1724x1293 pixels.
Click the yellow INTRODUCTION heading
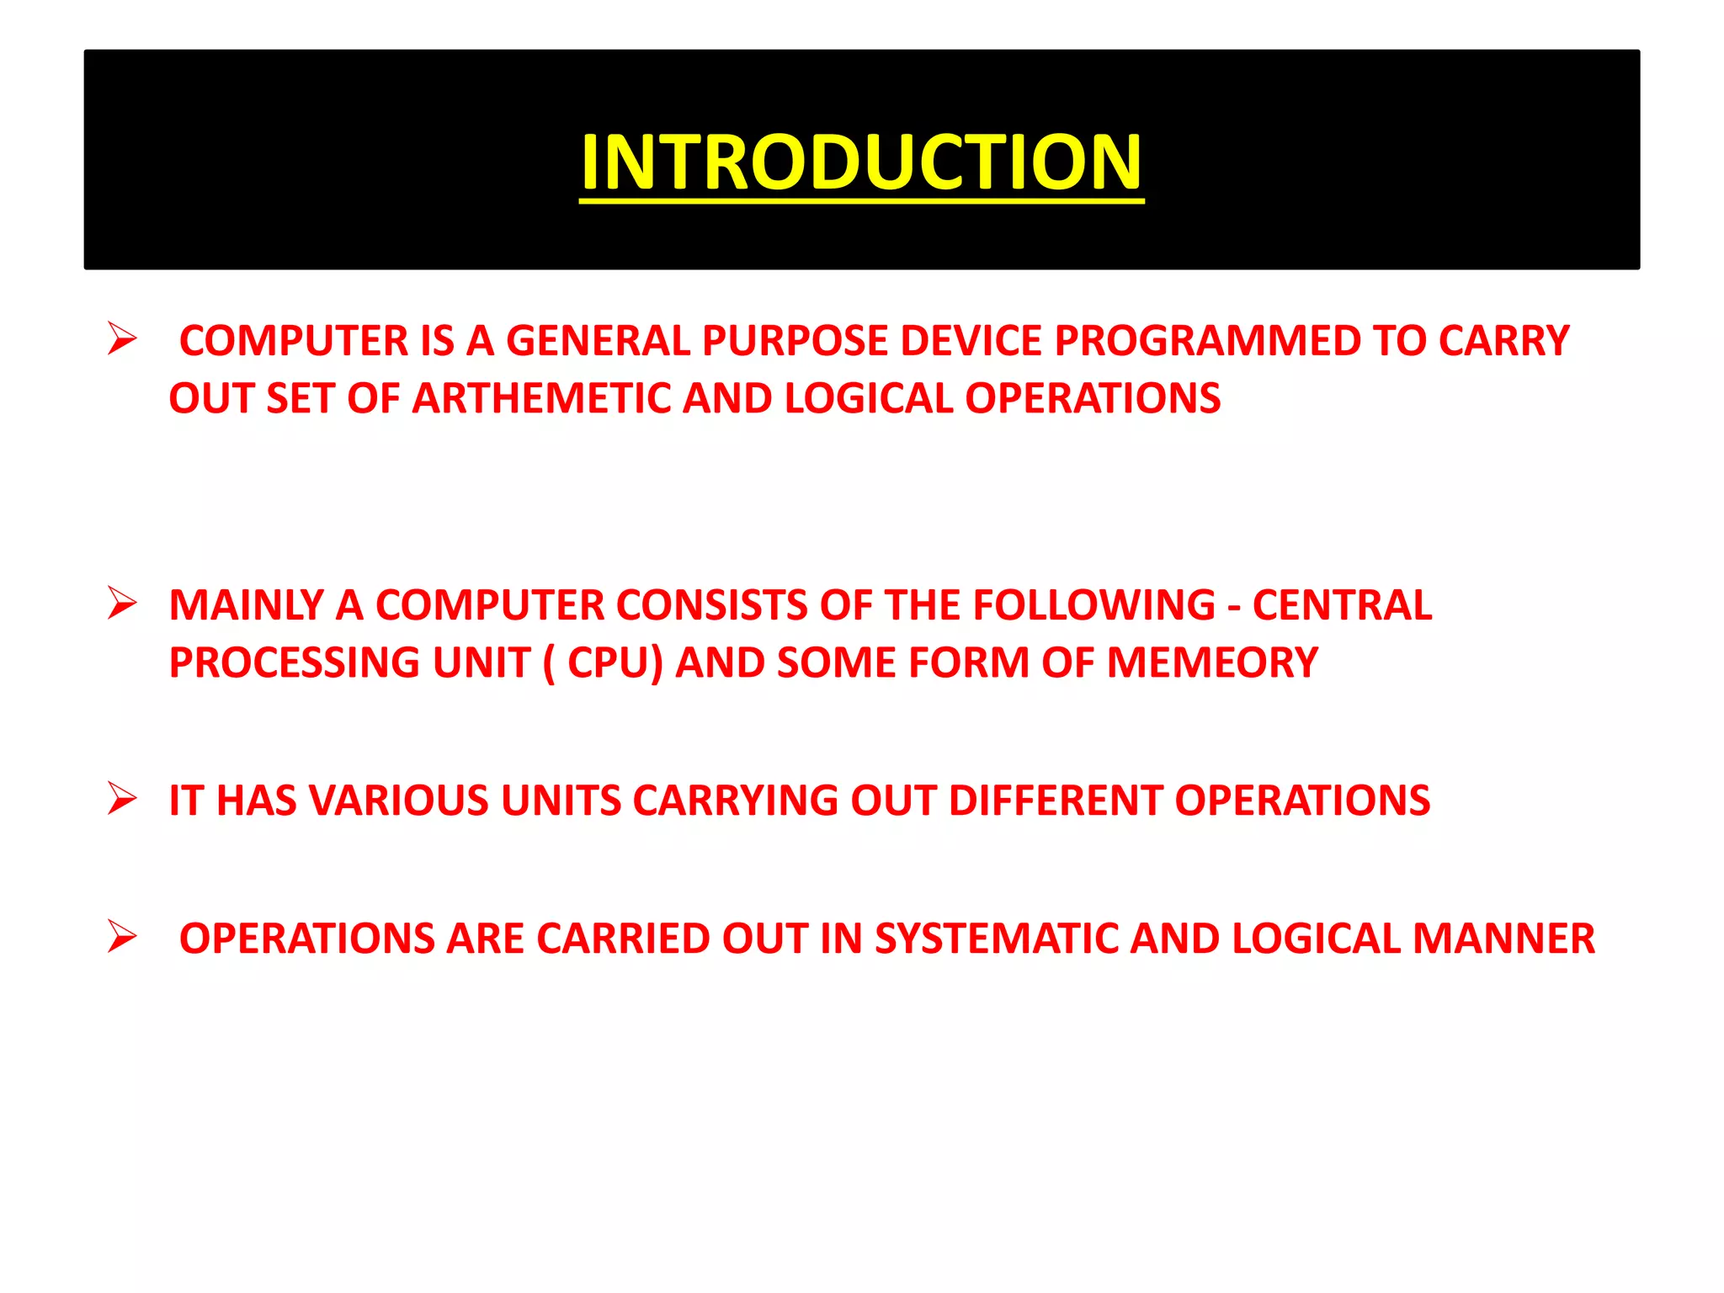[x=861, y=162]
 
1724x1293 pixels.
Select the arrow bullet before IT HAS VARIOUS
[x=122, y=798]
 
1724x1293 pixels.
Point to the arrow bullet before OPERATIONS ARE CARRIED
[x=122, y=936]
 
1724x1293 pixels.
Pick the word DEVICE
[x=971, y=341]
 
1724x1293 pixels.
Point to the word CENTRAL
[x=1342, y=605]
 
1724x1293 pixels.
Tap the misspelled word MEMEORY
[x=1212, y=662]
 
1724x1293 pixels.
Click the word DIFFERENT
[x=1056, y=801]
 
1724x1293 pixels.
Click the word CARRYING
[x=735, y=801]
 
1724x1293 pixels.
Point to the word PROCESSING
[x=295, y=662]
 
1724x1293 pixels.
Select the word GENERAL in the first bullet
[x=598, y=341]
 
